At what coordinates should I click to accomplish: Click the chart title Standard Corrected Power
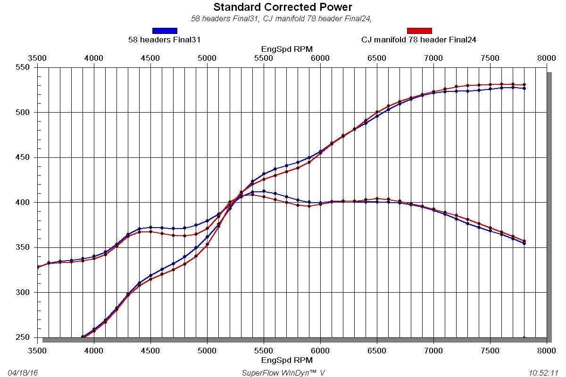283,7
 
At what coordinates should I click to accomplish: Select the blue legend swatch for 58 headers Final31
165,31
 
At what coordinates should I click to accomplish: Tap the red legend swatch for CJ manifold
419,31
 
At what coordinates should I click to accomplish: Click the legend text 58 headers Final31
165,40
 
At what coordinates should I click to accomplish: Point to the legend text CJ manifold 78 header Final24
419,40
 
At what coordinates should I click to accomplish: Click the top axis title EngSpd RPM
287,49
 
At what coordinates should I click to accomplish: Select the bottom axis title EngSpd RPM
287,361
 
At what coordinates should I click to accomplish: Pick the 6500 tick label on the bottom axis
377,351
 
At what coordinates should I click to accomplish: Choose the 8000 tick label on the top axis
546,58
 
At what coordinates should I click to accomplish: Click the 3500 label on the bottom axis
38,351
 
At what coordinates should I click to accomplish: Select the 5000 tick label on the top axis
207,58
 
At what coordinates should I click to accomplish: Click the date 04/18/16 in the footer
23,373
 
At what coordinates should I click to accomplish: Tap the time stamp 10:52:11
543,373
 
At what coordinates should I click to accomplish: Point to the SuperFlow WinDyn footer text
283,373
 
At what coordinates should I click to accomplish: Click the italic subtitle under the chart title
283,19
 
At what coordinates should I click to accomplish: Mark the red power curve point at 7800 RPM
524,85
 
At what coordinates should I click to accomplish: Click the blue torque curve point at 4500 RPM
150,227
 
